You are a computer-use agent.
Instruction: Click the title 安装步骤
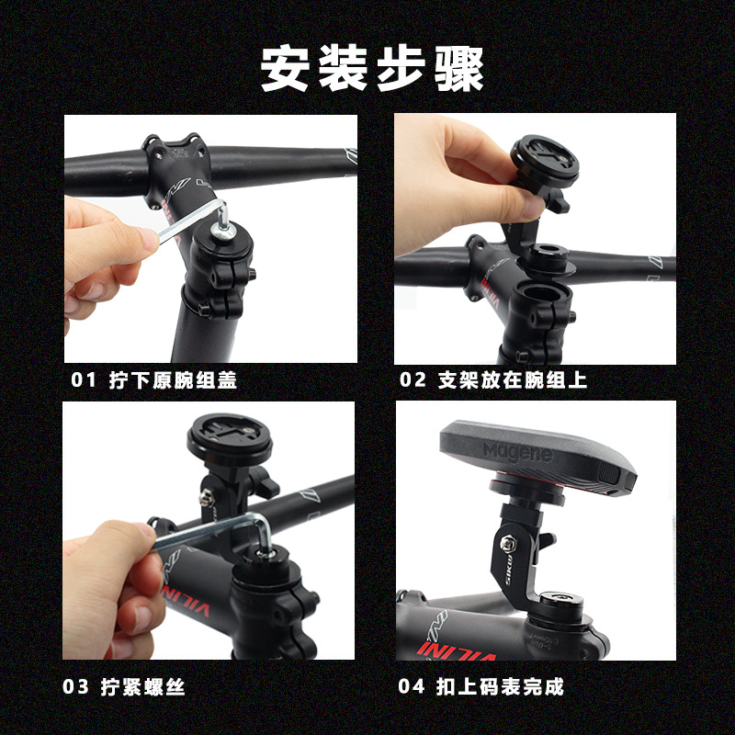pyautogui.click(x=372, y=68)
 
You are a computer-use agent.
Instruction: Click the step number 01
pyautogui.click(x=84, y=379)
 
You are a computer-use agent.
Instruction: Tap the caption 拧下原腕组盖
pyautogui.click(x=173, y=379)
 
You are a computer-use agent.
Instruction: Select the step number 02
pyautogui.click(x=413, y=379)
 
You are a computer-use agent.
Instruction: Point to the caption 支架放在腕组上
pyautogui.click(x=513, y=379)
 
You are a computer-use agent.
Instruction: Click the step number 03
pyautogui.click(x=75, y=686)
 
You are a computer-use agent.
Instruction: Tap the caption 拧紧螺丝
pyautogui.click(x=143, y=686)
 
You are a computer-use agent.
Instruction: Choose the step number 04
pyautogui.click(x=411, y=686)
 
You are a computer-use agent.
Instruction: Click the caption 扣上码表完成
pyautogui.click(x=500, y=686)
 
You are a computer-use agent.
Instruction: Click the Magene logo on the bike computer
pyautogui.click(x=518, y=452)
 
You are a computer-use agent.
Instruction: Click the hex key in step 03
pyautogui.click(x=211, y=534)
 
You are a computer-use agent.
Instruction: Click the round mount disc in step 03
pyautogui.click(x=230, y=439)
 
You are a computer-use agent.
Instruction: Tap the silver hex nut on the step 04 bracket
pyautogui.click(x=508, y=543)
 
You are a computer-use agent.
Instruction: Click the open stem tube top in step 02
pyautogui.click(x=541, y=294)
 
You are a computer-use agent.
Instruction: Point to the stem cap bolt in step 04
pyautogui.click(x=560, y=599)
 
